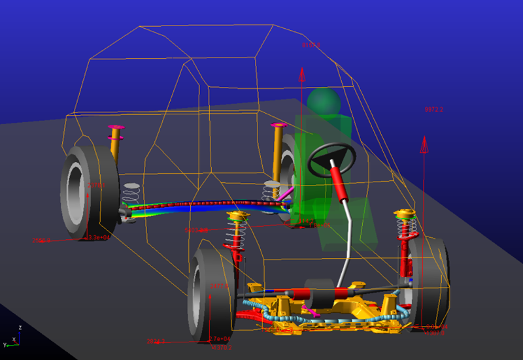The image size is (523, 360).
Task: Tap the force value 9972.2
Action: [x=434, y=109]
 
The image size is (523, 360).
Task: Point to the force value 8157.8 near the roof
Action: [x=311, y=46]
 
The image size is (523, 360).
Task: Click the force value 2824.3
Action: [x=156, y=341]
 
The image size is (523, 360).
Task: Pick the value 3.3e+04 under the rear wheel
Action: [x=99, y=237]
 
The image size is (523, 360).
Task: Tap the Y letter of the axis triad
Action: [x=4, y=344]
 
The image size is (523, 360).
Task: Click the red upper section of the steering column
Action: [x=339, y=180]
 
